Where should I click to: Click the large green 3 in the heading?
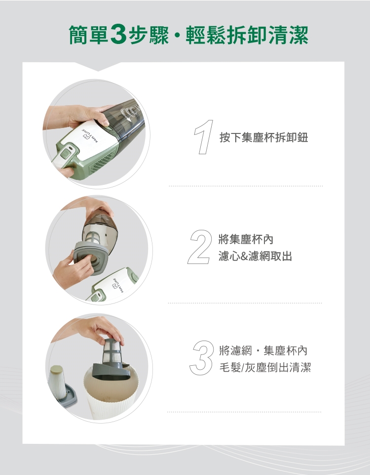118,35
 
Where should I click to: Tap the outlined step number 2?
200,247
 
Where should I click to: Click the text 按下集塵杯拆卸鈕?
264,137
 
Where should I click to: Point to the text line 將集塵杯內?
246,239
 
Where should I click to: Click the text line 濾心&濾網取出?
255,256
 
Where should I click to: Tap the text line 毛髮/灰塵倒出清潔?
265,367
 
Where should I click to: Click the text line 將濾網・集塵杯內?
263,350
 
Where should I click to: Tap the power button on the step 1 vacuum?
65,154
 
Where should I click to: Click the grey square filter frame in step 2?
90,257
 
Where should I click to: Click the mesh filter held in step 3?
111,353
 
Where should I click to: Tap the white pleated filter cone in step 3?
58,382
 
